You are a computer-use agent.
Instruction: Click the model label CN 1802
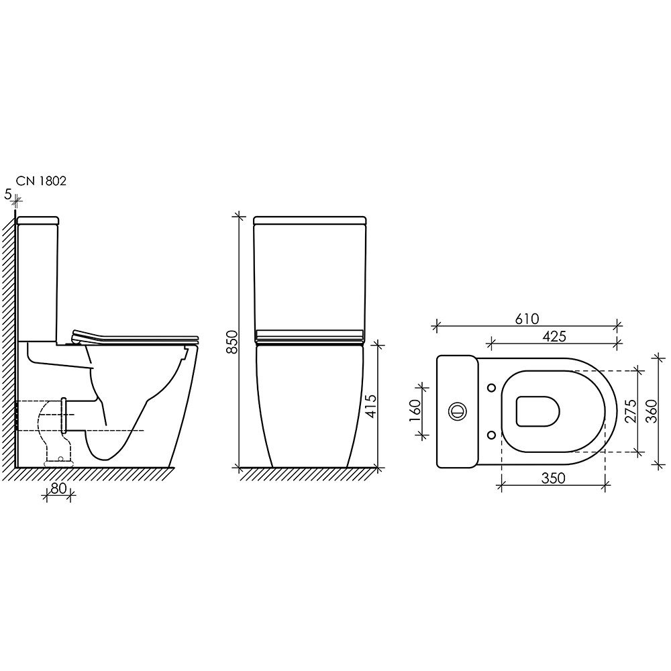(x=41, y=181)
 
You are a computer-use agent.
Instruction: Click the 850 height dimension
(x=231, y=342)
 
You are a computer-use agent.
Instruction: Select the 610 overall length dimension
(x=527, y=319)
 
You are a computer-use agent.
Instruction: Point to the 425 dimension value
(x=554, y=336)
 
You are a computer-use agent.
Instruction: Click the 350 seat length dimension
(x=554, y=478)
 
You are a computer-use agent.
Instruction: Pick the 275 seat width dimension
(x=630, y=411)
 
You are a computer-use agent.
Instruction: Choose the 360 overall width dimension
(x=651, y=411)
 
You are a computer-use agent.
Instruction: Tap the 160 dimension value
(x=415, y=411)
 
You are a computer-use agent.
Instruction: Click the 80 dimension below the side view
(x=58, y=488)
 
